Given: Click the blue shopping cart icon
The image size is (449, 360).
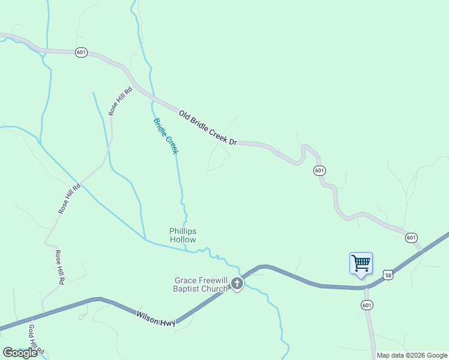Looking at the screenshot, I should pos(361,263).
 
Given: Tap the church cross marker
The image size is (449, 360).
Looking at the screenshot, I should pos(237,284).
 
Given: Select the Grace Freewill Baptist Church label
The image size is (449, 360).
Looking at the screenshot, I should pos(201,284).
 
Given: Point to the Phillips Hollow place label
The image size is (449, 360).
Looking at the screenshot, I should pos(183,235).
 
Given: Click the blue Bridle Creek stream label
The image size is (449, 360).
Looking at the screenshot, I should pos(166,136).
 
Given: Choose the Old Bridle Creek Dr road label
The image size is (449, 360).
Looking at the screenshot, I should pos(208,126).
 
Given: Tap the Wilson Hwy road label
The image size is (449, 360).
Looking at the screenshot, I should pos(155,318).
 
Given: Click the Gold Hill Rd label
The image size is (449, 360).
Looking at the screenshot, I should pos(37,339).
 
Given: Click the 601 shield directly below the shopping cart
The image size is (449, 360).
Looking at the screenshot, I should pos(367,305).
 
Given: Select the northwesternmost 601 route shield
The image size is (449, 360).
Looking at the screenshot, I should pos(82,52).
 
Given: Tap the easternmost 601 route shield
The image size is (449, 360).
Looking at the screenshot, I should pos(411,238).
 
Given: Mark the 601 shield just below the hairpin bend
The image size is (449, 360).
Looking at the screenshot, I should pos(319,171).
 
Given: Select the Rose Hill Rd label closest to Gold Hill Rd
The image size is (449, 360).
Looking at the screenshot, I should pos(59,267).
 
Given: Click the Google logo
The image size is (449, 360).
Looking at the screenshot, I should pos(20,353).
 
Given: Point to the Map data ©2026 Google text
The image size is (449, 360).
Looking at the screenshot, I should pos(412,355).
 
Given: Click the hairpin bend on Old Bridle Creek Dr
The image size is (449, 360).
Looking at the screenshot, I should pos(306,150).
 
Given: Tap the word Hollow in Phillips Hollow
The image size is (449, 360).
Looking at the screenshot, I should pos(183,240).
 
